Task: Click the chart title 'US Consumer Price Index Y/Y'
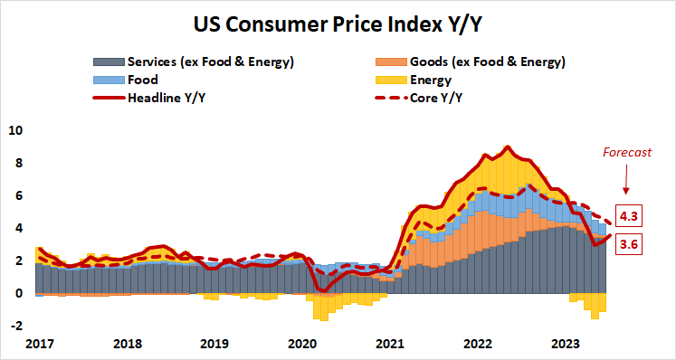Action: (337, 21)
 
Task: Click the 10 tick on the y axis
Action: (14, 130)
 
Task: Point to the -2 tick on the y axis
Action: (14, 326)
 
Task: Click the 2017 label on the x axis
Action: (40, 344)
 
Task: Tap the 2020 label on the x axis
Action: (302, 344)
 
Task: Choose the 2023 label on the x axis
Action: (565, 344)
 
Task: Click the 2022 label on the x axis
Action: (477, 344)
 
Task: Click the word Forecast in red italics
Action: (628, 153)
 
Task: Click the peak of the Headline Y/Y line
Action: (507, 147)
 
